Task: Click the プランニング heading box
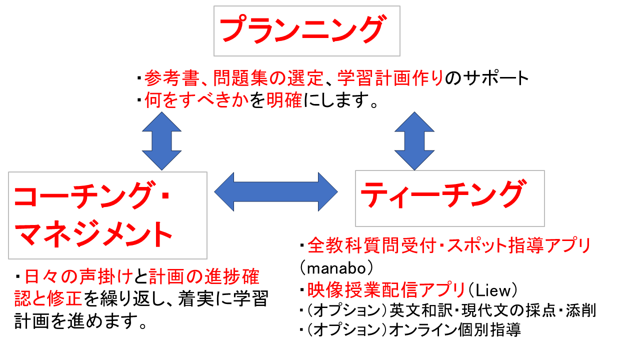[x=306, y=30]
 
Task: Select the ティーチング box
[x=449, y=198]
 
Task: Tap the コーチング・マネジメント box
[x=107, y=215]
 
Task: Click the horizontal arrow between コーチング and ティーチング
[x=275, y=192]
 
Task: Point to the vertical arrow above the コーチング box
[x=161, y=141]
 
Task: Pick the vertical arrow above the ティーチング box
[x=414, y=141]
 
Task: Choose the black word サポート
[x=496, y=78]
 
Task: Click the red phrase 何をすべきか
[x=196, y=101]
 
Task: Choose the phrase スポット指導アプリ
[x=519, y=246]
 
